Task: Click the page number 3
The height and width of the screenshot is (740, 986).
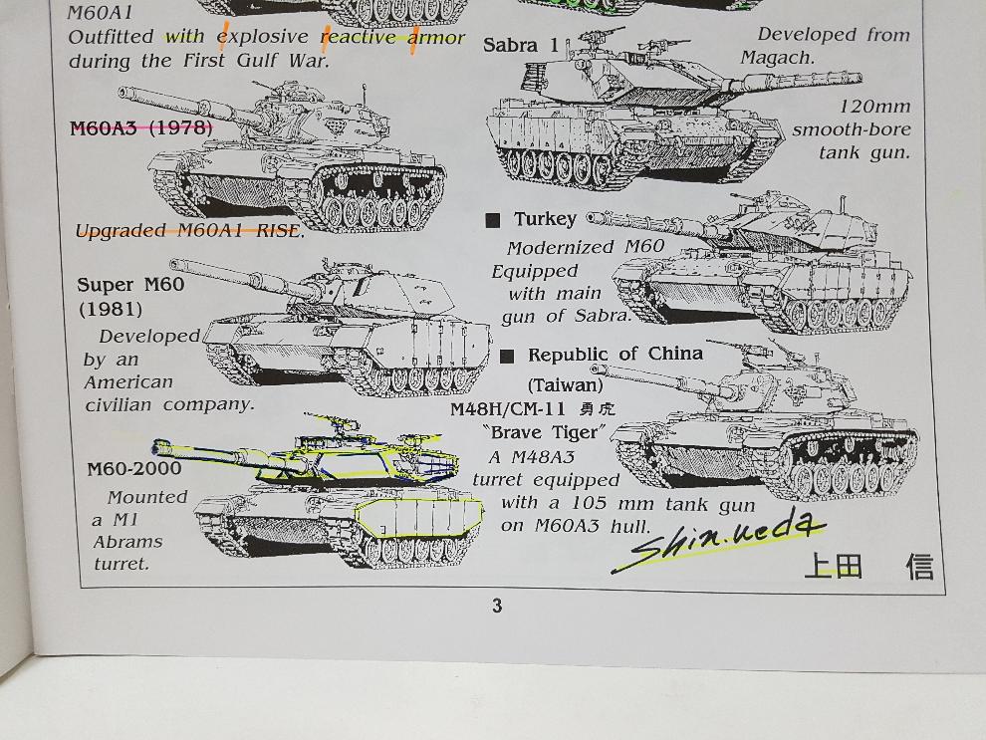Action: tap(497, 606)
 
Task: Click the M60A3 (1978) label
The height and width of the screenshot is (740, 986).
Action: tap(140, 128)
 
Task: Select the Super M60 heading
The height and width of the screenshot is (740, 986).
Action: tap(130, 285)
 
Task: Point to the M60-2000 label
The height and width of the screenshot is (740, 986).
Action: tap(133, 468)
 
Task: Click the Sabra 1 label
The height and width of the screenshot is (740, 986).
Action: tap(521, 45)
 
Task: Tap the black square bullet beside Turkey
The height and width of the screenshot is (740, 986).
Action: tap(493, 220)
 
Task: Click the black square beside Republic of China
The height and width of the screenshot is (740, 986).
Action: tap(507, 357)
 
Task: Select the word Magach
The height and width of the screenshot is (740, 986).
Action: tap(777, 58)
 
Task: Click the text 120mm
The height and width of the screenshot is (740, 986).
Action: tap(874, 107)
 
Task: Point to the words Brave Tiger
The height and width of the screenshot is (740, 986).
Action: tap(545, 432)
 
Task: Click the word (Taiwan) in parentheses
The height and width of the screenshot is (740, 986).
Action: tap(565, 384)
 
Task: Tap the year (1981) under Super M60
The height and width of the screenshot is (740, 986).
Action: tap(111, 310)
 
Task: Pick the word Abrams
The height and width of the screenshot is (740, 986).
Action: tap(127, 542)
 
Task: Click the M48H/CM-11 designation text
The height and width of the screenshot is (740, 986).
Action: tap(508, 409)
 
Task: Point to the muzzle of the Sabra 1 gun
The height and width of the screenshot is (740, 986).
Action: tap(858, 78)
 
